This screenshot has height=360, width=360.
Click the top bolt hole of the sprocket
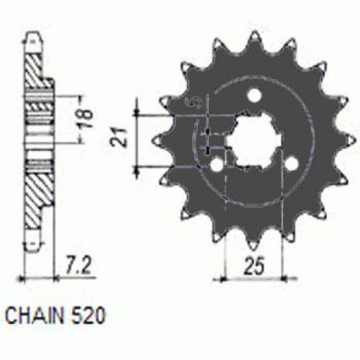[x=253, y=96]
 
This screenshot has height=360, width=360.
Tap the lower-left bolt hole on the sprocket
[x=215, y=164]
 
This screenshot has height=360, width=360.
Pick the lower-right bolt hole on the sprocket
[x=292, y=164]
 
